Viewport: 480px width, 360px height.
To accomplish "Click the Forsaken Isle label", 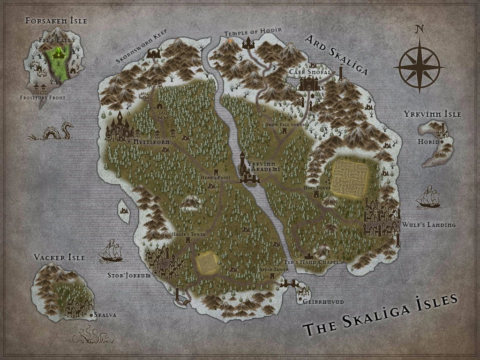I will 56,21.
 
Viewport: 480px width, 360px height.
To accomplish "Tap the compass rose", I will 419,66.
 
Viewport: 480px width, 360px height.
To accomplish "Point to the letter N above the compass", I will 419,30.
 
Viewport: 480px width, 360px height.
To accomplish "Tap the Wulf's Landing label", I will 428,225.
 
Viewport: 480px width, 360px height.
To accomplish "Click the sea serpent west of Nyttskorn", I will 52,132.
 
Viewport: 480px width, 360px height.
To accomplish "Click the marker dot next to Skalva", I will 91,315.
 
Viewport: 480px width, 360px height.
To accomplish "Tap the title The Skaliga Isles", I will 380,315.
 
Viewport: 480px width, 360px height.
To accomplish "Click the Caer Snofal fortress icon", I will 309,83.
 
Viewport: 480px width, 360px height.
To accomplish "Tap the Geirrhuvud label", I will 323,302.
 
